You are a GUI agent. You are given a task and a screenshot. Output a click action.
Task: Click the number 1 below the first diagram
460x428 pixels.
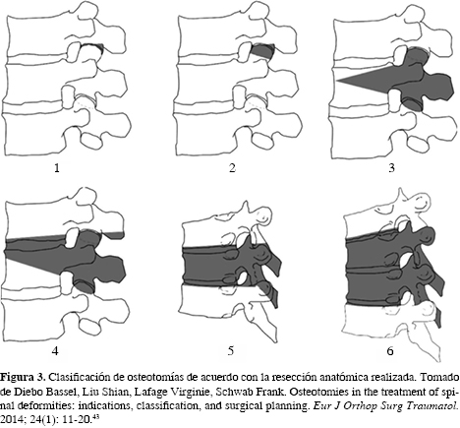point(57,168)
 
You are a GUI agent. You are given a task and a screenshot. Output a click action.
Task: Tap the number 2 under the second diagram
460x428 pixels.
point(232,168)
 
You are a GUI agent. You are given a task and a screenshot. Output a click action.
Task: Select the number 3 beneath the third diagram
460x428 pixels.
point(391,168)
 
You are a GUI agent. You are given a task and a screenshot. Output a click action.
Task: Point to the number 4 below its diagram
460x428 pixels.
point(55,351)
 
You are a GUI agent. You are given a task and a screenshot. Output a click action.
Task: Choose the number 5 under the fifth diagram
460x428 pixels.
point(231,351)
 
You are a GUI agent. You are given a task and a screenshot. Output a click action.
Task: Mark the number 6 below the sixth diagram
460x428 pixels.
point(390,351)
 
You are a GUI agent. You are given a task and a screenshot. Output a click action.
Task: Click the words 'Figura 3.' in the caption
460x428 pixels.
point(23,378)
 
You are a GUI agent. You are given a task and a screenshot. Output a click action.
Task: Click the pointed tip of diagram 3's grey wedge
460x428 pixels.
point(338,80)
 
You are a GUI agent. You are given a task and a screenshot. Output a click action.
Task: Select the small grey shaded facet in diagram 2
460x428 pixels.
point(262,52)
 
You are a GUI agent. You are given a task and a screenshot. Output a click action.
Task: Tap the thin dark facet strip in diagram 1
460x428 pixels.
point(92,46)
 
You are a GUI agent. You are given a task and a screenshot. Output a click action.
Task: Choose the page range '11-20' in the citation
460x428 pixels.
point(77,420)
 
